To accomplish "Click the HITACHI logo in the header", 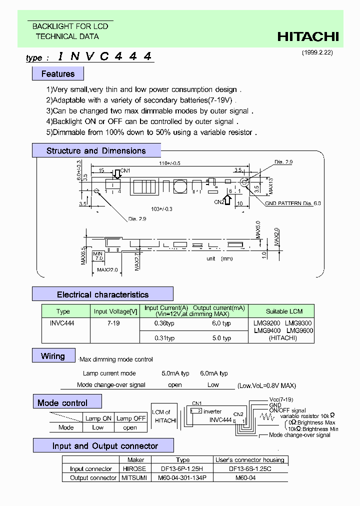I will click(308, 36).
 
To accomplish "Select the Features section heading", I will click(58, 74).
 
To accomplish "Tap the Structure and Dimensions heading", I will click(96, 150).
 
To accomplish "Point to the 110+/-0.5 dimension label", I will click(170, 163).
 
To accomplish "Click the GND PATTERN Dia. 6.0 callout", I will click(293, 203).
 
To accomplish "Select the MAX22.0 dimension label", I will click(107, 269).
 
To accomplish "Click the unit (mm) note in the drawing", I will click(219, 258).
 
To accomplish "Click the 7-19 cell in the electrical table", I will click(113, 323).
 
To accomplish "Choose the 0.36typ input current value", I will click(164, 323).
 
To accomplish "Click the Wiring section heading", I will click(53, 356).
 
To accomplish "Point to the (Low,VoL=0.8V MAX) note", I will click(266, 385).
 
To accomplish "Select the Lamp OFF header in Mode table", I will click(131, 418).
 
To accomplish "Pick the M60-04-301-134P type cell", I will click(182, 478).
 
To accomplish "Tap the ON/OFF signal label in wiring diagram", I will click(287, 410).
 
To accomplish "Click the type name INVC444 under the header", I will click(104, 56).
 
